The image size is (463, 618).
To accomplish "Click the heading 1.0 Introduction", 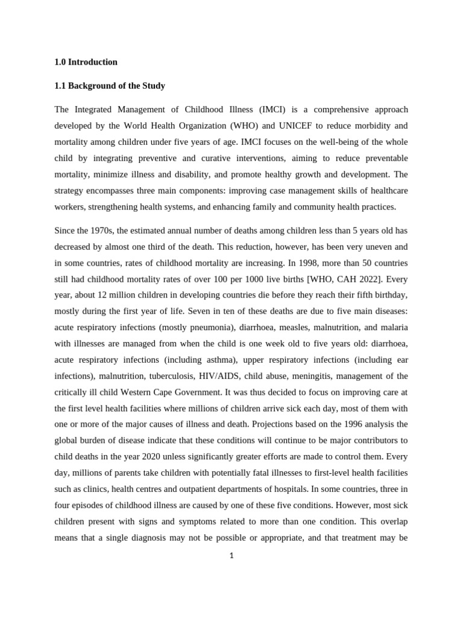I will (86, 62).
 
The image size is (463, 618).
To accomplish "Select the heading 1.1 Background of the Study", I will (110, 86).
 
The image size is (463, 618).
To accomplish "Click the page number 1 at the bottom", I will (231, 556).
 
